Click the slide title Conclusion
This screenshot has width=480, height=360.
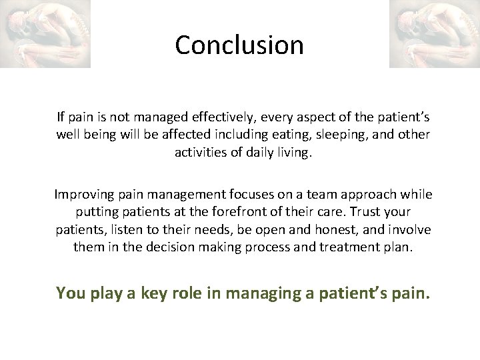(x=239, y=45)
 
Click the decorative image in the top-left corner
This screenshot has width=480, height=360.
(x=45, y=34)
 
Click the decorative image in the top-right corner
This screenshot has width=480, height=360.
(x=434, y=34)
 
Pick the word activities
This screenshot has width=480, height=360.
(x=200, y=152)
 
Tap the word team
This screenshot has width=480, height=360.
(x=323, y=195)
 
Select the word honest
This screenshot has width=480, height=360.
(x=355, y=229)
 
